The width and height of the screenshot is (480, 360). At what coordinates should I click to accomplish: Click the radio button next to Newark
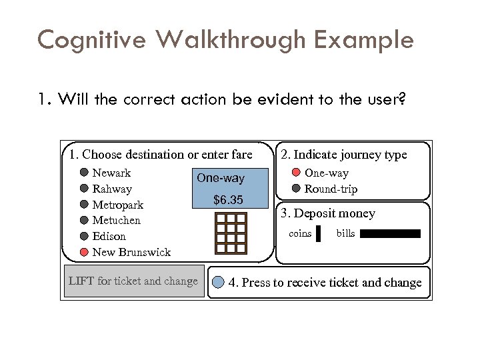(x=85, y=173)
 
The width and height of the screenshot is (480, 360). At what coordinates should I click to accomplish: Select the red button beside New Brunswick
(x=85, y=252)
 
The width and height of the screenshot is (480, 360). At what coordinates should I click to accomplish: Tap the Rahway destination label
(x=112, y=189)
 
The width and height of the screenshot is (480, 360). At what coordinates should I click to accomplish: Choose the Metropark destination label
(x=117, y=205)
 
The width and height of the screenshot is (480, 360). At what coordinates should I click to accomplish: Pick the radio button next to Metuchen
(x=85, y=220)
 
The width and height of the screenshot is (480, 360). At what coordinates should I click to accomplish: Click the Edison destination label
(x=109, y=236)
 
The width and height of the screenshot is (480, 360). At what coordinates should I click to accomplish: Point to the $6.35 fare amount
(x=228, y=200)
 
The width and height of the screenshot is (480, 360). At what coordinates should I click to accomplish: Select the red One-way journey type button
(x=297, y=173)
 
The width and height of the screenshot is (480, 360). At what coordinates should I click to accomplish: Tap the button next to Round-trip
(x=297, y=189)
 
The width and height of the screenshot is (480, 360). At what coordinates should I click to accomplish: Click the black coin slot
(x=319, y=233)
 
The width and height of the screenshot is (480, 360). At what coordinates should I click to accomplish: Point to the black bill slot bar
(x=391, y=233)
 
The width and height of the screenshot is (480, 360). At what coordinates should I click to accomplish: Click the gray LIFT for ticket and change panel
(x=134, y=281)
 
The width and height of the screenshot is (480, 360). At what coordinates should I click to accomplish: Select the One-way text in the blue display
(x=221, y=179)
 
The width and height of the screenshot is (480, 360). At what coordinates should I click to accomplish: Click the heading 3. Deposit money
(x=327, y=213)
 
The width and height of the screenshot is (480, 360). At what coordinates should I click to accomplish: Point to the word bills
(x=345, y=233)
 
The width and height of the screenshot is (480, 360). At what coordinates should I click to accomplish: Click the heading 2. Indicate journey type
(x=343, y=155)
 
